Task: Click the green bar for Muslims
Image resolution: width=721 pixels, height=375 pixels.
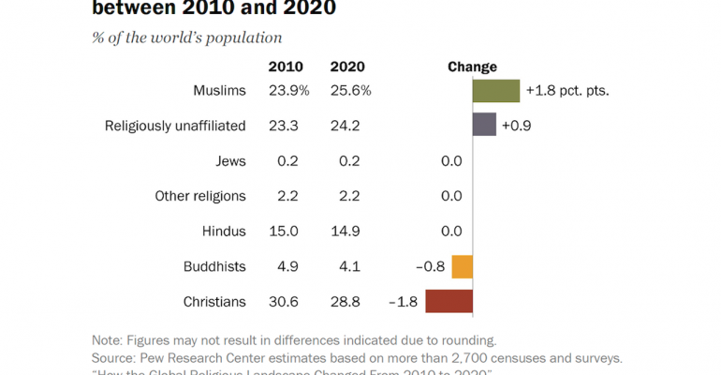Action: (x=495, y=91)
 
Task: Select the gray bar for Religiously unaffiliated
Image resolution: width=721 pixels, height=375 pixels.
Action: (x=484, y=125)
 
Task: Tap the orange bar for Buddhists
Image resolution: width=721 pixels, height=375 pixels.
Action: (x=462, y=266)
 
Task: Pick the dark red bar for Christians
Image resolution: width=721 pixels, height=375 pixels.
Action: (x=449, y=302)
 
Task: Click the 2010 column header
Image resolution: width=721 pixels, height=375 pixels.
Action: (x=286, y=67)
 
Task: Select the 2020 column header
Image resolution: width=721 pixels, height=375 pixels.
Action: (x=348, y=67)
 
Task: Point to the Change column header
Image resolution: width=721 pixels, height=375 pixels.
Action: (x=472, y=67)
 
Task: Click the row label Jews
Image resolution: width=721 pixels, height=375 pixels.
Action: (x=230, y=161)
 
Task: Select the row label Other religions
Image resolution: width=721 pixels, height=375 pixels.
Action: (x=200, y=196)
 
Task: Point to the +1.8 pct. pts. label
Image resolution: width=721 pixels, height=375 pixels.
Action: (x=567, y=91)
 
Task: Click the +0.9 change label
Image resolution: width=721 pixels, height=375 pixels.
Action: (x=518, y=125)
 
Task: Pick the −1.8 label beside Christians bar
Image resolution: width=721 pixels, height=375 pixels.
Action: (x=403, y=302)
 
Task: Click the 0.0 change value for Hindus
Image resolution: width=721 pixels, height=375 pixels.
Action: (x=451, y=231)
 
